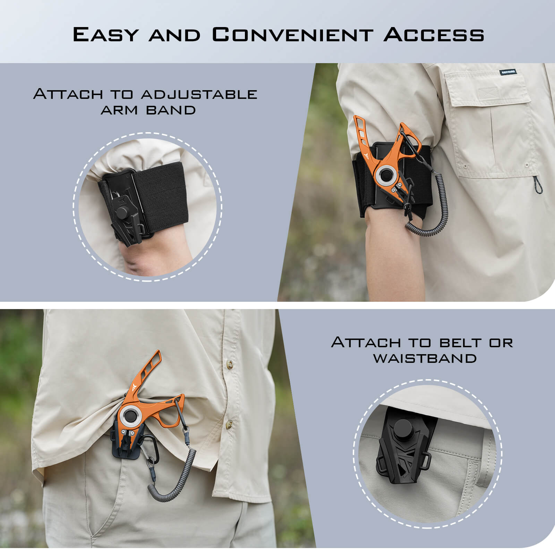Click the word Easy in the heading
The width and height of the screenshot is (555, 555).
pos(105,34)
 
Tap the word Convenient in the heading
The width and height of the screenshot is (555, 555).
pos(292,34)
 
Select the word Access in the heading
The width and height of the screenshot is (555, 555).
pos(434,34)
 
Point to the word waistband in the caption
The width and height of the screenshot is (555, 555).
pos(425,358)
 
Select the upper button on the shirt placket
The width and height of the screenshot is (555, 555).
pos(229,364)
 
